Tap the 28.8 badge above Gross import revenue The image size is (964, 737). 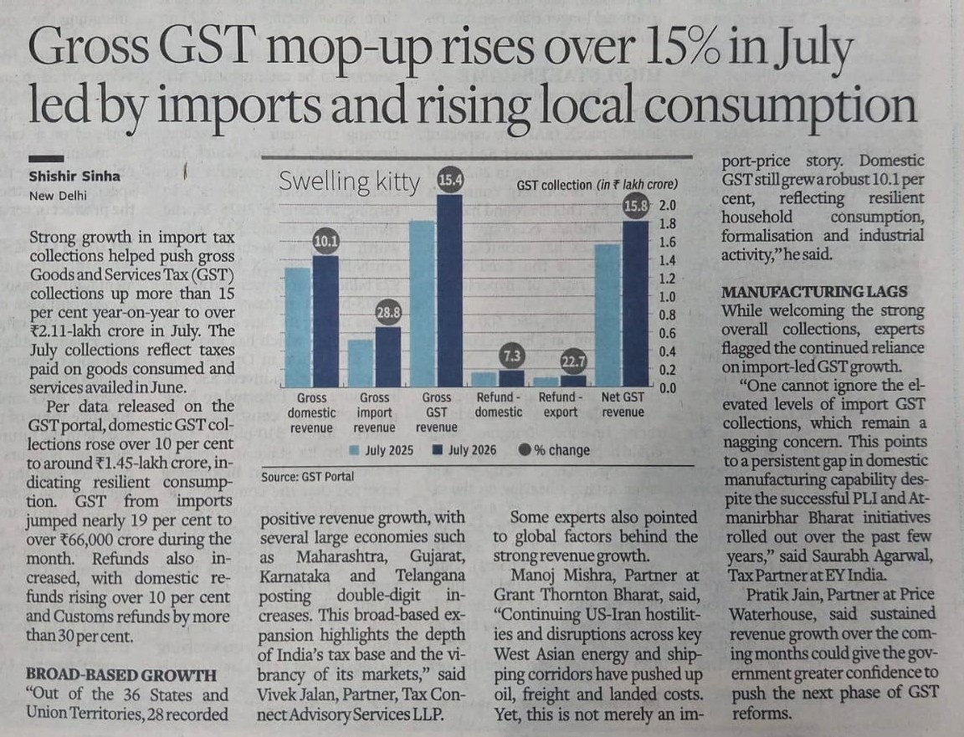pyautogui.click(x=388, y=313)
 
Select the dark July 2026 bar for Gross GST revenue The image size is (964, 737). pyautogui.click(x=449, y=290)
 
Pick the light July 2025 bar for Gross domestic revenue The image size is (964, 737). pyautogui.click(x=298, y=327)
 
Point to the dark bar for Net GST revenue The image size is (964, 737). pyautogui.click(x=635, y=304)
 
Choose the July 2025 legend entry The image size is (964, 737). pyautogui.click(x=382, y=450)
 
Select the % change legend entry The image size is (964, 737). pyautogui.click(x=554, y=450)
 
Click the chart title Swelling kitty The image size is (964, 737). pyautogui.click(x=349, y=182)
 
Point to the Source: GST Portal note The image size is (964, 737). pyautogui.click(x=307, y=477)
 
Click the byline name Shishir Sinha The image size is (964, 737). pyautogui.click(x=74, y=177)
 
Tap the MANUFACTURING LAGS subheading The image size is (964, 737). pyautogui.click(x=814, y=291)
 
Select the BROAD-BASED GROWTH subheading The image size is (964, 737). pyautogui.click(x=121, y=676)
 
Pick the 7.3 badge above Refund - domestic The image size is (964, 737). pyautogui.click(x=511, y=356)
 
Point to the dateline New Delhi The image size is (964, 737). pyautogui.click(x=58, y=196)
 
